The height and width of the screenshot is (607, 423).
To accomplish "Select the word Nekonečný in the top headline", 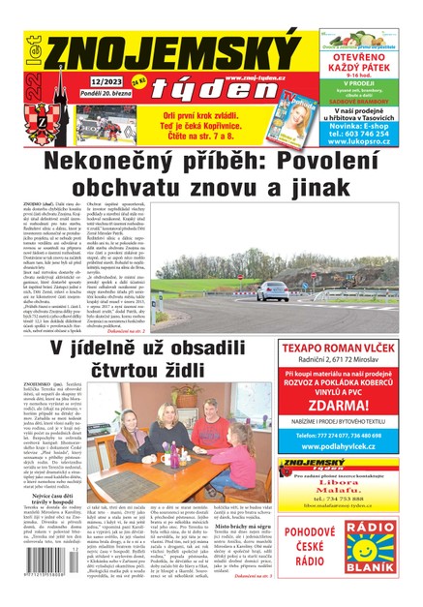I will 125,161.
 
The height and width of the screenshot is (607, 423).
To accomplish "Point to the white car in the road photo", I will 272,289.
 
